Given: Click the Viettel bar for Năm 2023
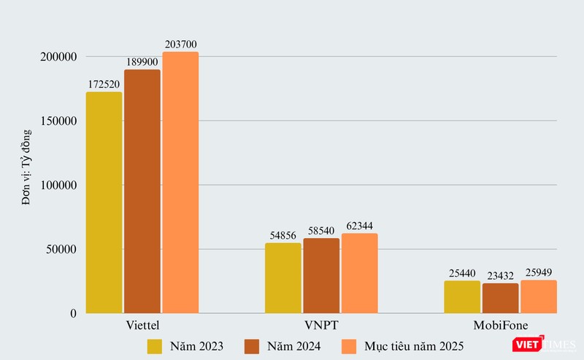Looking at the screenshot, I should click(104, 203).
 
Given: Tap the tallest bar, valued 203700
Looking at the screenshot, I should click(180, 183).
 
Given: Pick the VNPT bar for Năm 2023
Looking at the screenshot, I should click(283, 278).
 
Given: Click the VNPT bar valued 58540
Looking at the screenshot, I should click(321, 276).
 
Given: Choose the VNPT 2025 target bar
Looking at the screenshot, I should click(359, 274).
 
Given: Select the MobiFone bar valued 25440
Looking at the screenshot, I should click(462, 297).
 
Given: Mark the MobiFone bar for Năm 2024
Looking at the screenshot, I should click(500, 299).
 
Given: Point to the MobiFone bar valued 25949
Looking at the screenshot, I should click(539, 297).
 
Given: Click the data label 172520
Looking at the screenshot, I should click(104, 85).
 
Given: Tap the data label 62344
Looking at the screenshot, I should click(359, 226).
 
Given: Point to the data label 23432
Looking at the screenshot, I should click(500, 276).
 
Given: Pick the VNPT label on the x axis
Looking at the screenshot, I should click(321, 324).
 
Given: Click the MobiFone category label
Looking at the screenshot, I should click(500, 324).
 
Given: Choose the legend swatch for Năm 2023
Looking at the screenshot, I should click(155, 345).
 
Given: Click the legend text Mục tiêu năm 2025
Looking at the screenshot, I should click(414, 345).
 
